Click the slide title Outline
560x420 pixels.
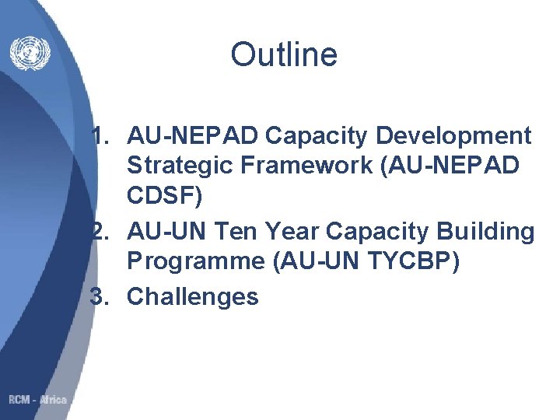[x=284, y=55]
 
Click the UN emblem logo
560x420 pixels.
[x=29, y=53]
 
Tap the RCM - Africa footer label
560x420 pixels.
[x=38, y=400]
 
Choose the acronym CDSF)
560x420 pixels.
[x=164, y=197]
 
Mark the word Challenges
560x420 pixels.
[x=192, y=296]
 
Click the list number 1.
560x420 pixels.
[x=100, y=136]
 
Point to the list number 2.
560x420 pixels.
[x=100, y=231]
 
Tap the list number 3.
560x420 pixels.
[x=100, y=296]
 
